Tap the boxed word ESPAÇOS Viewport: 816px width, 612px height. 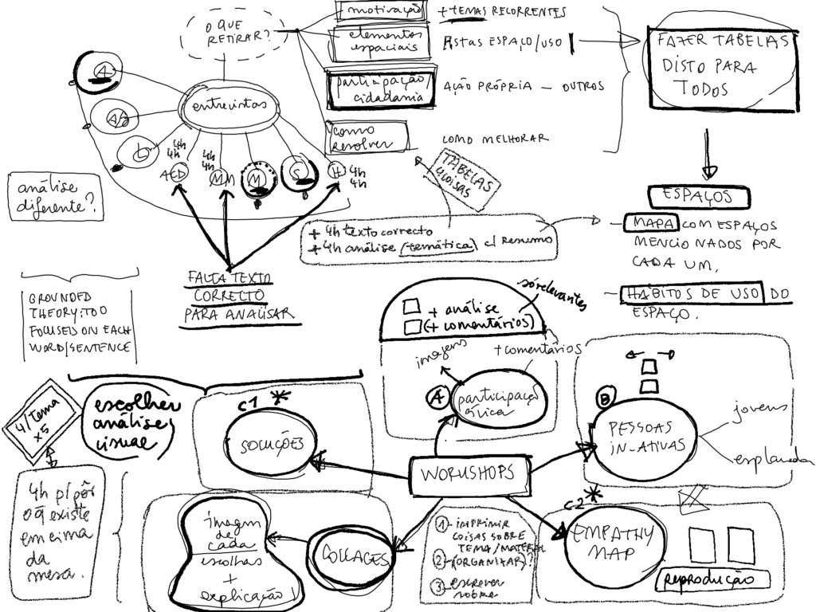click(698, 196)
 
